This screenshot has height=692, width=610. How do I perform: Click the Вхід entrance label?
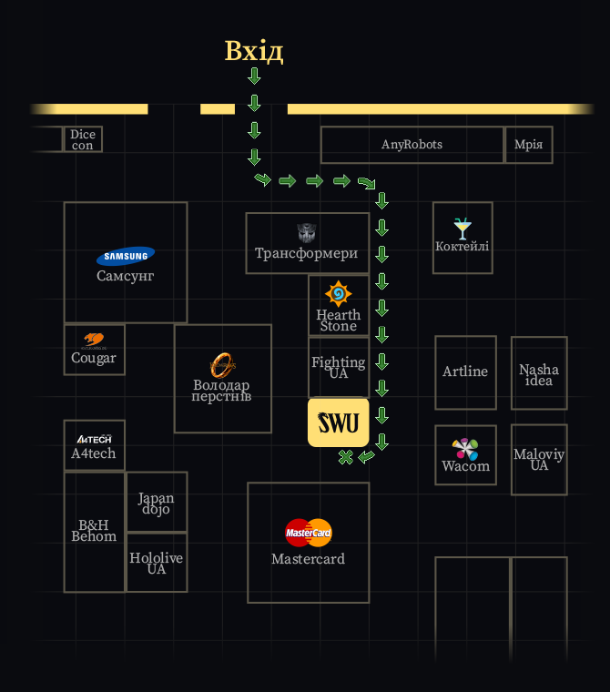(x=254, y=51)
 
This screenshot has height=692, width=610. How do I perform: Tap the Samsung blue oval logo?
(x=126, y=256)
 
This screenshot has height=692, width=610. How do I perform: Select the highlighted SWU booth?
(x=339, y=422)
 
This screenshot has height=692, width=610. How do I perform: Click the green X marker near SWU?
(x=346, y=457)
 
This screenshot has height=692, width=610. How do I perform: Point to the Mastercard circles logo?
(x=308, y=533)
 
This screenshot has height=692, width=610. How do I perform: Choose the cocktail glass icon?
(x=463, y=229)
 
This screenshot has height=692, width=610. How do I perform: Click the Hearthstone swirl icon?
(x=338, y=293)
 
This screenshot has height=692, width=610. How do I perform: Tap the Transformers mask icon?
(x=307, y=233)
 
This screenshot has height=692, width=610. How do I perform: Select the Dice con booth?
(x=83, y=139)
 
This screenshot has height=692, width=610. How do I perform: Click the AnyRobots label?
(x=412, y=144)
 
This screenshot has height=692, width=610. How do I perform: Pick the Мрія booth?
(x=528, y=145)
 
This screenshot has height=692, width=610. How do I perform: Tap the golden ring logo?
(x=222, y=365)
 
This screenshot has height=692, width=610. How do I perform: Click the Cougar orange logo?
(x=94, y=340)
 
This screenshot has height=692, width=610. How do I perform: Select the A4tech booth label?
(x=94, y=453)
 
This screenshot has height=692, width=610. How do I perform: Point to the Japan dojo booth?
(x=157, y=502)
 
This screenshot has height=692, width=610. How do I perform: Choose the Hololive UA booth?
(x=157, y=563)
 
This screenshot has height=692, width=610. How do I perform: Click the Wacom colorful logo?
(x=465, y=449)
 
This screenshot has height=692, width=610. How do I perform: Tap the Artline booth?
(x=465, y=372)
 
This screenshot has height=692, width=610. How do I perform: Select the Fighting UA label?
(x=339, y=368)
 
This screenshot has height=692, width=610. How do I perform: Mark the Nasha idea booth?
(x=539, y=373)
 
